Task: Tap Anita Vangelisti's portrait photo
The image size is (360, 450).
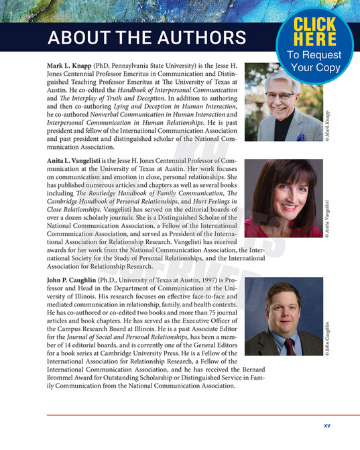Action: click(282, 199)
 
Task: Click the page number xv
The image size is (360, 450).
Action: click(327, 425)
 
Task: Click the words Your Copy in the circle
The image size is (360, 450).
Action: click(314, 68)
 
